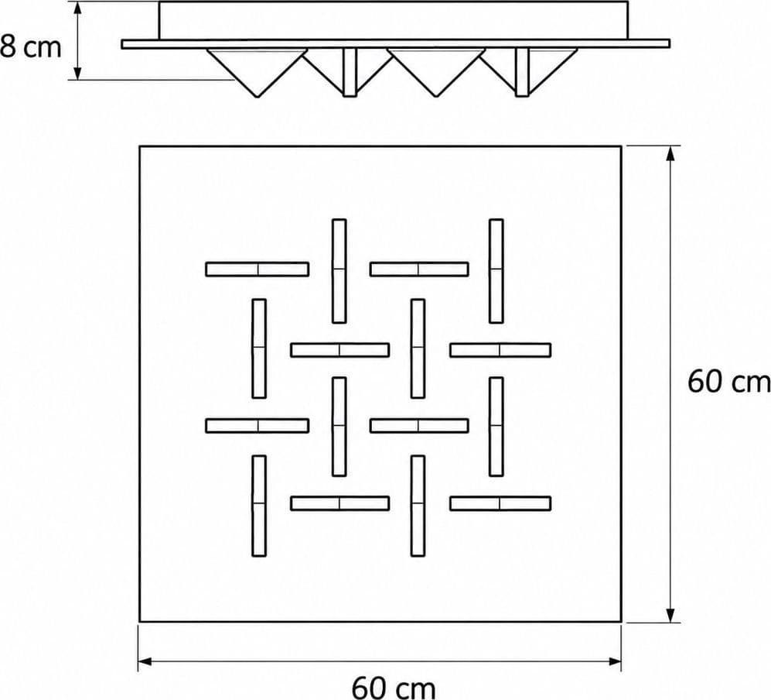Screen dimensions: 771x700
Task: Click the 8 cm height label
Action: (x=30, y=47)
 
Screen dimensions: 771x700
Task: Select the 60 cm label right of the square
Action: (x=728, y=382)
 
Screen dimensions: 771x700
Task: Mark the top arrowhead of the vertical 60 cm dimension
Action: (x=670, y=153)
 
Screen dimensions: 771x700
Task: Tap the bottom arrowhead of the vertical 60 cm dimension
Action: (x=670, y=615)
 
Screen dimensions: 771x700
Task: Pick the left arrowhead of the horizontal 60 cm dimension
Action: (x=146, y=661)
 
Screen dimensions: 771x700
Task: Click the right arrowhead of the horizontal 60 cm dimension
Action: (x=614, y=661)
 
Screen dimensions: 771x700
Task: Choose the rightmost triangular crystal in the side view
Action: (x=547, y=69)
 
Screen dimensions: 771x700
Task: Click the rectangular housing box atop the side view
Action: (x=394, y=20)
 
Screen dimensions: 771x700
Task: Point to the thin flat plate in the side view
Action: (x=396, y=44)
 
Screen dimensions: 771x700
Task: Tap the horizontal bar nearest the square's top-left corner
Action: (x=258, y=269)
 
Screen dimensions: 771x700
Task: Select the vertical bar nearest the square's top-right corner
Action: (x=496, y=271)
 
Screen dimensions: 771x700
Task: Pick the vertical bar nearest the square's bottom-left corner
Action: (x=259, y=506)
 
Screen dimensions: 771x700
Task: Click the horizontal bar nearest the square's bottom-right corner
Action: (x=500, y=503)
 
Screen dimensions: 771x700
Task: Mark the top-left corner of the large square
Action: (x=140, y=146)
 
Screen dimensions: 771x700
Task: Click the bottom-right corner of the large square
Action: (x=622, y=622)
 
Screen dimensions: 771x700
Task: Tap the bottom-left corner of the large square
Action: (x=140, y=622)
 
